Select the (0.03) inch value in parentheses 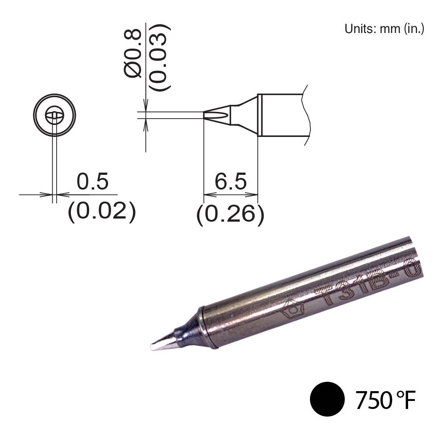(x=159, y=57)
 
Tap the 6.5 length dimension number (x=230, y=182)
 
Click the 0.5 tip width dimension (x=92, y=182)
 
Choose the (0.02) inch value (x=101, y=211)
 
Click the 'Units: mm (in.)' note (x=384, y=29)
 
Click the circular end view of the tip (x=54, y=116)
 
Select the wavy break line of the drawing (x=306, y=115)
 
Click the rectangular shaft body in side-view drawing (x=281, y=115)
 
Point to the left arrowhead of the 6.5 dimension (x=208, y=195)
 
